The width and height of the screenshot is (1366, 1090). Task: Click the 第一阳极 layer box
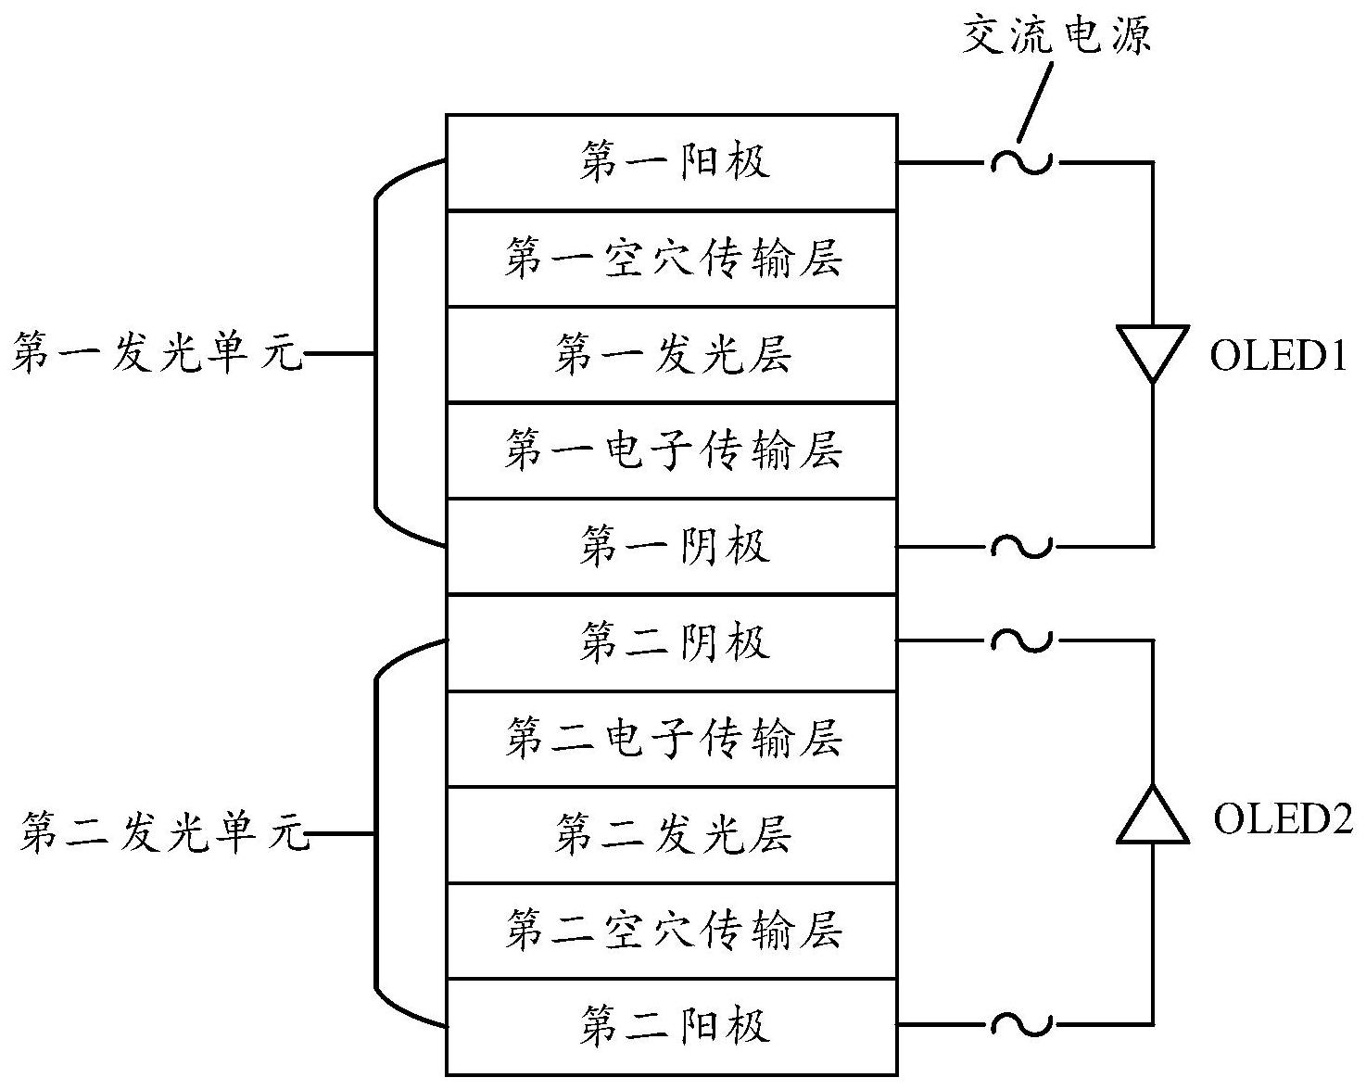[672, 162]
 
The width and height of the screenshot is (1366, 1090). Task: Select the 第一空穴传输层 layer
[672, 259]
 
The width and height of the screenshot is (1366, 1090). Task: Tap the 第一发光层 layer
[672, 355]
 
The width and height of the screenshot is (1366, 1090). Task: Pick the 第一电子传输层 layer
[672, 450]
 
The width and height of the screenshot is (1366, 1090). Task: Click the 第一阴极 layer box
[672, 547]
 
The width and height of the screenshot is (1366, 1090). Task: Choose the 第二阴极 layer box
[672, 643]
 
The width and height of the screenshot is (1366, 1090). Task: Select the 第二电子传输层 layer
[672, 740]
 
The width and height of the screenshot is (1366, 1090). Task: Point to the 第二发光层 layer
[672, 835]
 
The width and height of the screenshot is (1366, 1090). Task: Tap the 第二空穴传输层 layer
[672, 931]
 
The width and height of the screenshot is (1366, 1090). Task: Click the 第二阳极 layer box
[672, 1027]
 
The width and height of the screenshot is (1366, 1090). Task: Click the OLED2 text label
[1283, 818]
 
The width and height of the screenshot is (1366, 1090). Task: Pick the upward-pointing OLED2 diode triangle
[1152, 816]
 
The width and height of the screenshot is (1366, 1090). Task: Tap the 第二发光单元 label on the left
[163, 833]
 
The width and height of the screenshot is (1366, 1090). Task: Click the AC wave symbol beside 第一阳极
[1021, 162]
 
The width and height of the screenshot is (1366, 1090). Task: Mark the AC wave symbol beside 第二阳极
[1021, 1024]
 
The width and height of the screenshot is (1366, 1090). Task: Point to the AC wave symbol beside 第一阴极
[1021, 547]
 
